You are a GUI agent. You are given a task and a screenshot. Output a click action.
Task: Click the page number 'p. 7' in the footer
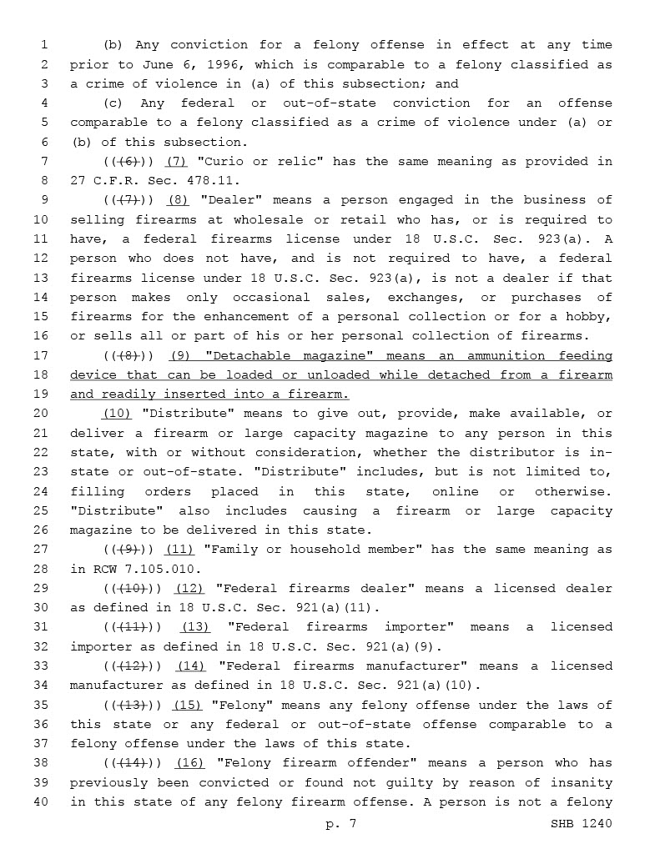(x=341, y=824)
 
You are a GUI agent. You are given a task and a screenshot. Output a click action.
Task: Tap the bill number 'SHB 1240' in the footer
(x=581, y=824)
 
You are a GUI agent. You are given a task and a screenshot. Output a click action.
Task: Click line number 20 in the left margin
(x=43, y=414)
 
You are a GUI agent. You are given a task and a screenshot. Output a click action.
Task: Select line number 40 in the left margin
(x=43, y=802)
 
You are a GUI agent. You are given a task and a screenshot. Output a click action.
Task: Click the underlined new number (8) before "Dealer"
(x=178, y=200)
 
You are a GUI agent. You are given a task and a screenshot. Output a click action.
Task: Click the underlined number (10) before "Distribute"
(x=116, y=414)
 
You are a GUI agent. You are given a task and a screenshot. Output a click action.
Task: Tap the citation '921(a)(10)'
(x=436, y=686)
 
